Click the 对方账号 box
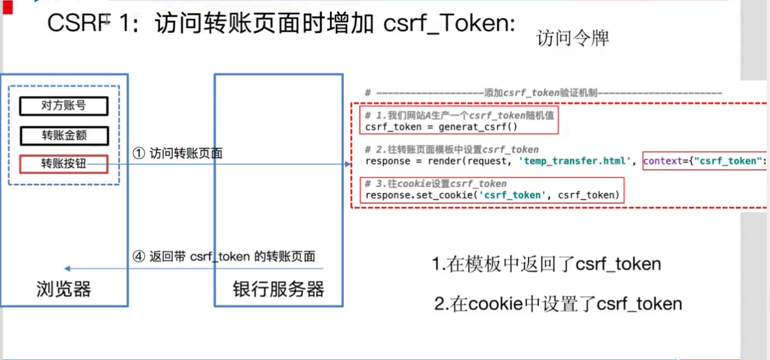63,106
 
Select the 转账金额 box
63,135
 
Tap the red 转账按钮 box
63,164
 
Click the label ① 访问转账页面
177,154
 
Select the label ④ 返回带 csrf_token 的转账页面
224,256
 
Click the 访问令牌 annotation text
572,39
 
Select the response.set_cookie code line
492,195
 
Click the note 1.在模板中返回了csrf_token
546,264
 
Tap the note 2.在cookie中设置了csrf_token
558,304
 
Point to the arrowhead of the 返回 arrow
67,268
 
